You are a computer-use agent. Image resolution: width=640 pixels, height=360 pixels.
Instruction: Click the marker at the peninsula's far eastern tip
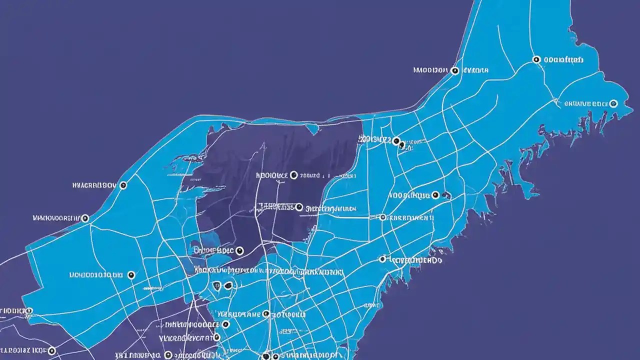click(x=614, y=103)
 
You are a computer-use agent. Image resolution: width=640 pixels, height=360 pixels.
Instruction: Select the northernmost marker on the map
click(x=536, y=59)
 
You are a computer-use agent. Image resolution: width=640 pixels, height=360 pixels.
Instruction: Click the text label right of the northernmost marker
click(x=563, y=59)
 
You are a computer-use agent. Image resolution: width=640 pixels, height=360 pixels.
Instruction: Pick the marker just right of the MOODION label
click(x=454, y=71)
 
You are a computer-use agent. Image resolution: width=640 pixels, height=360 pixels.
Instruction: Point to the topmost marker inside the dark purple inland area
click(x=293, y=175)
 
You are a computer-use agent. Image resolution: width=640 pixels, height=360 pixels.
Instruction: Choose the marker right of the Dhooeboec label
click(x=239, y=250)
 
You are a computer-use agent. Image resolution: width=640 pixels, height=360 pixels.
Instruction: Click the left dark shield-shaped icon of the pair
click(x=216, y=286)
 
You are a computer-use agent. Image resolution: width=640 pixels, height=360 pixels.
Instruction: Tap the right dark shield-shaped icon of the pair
click(x=228, y=285)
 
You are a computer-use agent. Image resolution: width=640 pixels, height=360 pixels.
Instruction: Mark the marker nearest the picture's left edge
click(x=28, y=310)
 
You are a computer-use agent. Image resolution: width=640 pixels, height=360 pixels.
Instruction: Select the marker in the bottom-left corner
click(x=51, y=350)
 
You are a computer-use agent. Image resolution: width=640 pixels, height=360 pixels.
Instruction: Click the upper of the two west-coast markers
click(x=123, y=185)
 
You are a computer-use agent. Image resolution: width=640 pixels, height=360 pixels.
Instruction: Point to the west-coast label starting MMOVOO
click(x=55, y=218)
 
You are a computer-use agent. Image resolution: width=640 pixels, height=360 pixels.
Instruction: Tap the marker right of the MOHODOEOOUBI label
click(x=131, y=275)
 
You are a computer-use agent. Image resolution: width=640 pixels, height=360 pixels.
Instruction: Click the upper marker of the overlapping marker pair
click(x=396, y=141)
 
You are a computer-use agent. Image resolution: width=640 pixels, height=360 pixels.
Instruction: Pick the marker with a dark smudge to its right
click(x=435, y=195)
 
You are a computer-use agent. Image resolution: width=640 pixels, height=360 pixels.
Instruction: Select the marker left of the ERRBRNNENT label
click(x=382, y=217)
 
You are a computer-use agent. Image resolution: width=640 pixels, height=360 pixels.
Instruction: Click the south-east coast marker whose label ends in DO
click(x=382, y=259)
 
